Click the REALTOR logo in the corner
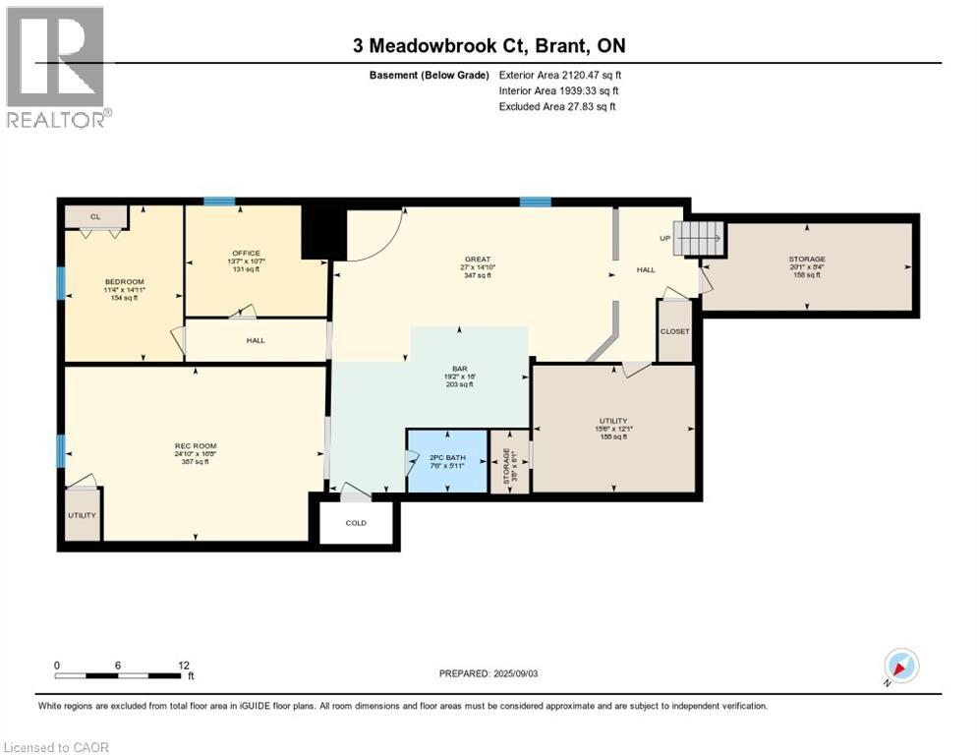click(x=57, y=67)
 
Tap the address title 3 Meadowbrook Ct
click(x=488, y=45)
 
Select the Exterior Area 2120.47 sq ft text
click(x=560, y=75)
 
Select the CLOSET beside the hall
click(x=675, y=331)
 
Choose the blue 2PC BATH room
click(x=447, y=459)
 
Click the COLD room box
click(x=356, y=523)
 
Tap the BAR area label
click(x=459, y=371)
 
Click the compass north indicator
click(x=901, y=667)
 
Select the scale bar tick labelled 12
click(x=184, y=665)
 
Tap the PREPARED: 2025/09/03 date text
click(x=488, y=673)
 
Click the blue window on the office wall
click(x=219, y=202)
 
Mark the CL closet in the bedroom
click(x=95, y=216)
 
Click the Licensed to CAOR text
click(x=58, y=747)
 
